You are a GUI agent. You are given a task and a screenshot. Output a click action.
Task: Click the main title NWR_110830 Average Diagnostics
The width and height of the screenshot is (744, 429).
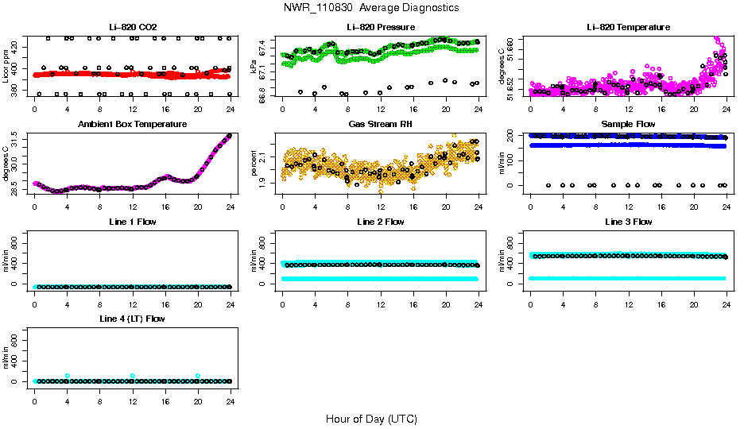point(371,7)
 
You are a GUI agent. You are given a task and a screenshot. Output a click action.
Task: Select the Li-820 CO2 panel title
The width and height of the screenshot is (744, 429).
point(133,27)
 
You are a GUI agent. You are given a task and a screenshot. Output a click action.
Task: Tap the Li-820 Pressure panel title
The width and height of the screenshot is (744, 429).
point(380,27)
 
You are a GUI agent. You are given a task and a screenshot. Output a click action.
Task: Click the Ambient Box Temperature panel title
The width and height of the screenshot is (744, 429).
point(133,124)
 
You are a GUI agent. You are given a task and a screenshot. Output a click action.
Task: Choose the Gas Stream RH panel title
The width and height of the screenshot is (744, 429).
point(380,124)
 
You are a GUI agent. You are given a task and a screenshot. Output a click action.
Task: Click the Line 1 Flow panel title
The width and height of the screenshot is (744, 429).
point(133,222)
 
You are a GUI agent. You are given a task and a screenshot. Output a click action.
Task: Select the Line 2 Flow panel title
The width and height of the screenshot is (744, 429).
point(380,222)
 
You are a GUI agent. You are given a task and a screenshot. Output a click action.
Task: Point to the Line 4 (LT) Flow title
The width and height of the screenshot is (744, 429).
point(133,319)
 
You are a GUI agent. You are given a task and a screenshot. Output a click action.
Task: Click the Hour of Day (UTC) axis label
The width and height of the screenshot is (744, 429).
point(371,419)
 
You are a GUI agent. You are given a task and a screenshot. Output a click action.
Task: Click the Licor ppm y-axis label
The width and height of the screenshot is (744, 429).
point(6,67)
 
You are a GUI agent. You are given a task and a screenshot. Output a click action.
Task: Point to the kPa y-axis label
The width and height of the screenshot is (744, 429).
point(254,67)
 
